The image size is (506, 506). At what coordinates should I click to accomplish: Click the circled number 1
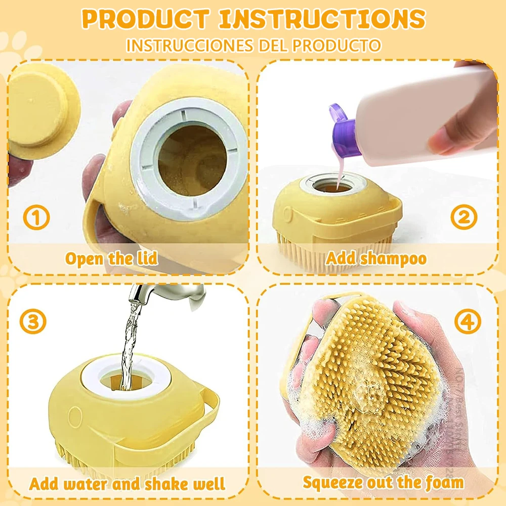point(36,218)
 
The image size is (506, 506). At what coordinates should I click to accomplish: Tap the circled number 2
point(463,217)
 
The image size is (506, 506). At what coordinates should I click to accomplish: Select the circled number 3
point(33,321)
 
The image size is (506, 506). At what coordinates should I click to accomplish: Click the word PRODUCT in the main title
point(145,19)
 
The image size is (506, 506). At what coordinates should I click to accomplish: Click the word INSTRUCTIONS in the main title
point(322,19)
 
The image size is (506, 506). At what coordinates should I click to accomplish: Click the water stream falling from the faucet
point(130,339)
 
